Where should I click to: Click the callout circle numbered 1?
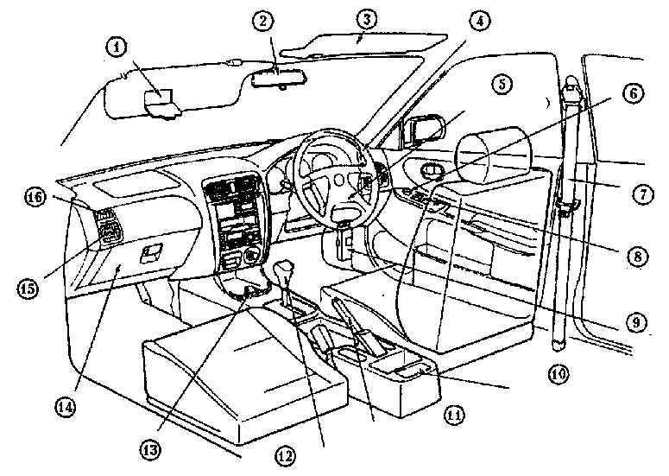tap(117, 48)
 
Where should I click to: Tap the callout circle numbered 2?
tap(262, 21)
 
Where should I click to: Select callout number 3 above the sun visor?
tap(367, 19)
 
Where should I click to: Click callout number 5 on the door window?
tap(502, 84)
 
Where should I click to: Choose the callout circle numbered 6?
tap(633, 93)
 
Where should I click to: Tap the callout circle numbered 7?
tap(642, 194)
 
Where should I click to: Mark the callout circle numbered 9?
tap(636, 322)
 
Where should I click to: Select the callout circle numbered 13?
tap(150, 449)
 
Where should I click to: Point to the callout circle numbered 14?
tap(65, 407)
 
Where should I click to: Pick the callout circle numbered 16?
tap(35, 198)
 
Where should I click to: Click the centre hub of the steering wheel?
tap(339, 180)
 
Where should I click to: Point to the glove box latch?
tap(151, 253)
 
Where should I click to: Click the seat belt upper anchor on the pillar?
tap(572, 89)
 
